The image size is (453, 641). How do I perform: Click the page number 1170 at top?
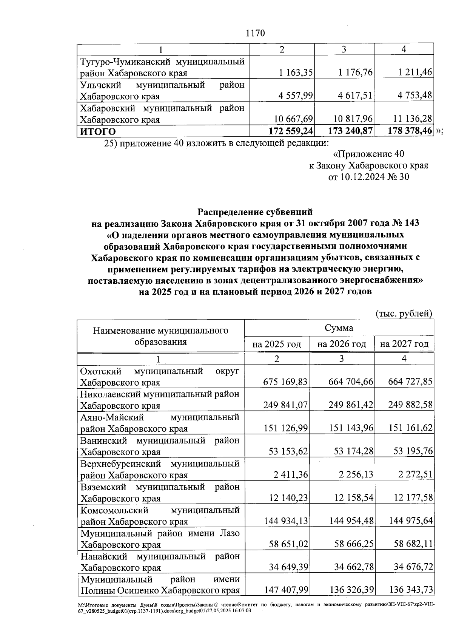[255, 33]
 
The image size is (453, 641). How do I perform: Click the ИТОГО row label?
[98, 131]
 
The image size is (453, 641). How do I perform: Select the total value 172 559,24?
[290, 131]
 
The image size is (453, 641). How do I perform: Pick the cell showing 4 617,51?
[355, 96]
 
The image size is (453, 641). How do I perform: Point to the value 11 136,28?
[413, 119]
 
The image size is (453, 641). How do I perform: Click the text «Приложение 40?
[369, 154]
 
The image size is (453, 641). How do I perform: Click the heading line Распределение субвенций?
[255, 212]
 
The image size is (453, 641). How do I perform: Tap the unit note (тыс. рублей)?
[404, 314]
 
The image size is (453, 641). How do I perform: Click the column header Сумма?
[339, 327]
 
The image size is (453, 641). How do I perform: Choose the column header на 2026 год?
[342, 344]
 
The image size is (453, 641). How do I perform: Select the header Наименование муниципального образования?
[161, 336]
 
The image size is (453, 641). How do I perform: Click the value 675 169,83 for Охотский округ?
[285, 382]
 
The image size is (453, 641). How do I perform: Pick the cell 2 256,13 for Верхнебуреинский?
[354, 475]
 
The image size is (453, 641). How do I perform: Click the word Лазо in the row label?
[229, 533]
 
